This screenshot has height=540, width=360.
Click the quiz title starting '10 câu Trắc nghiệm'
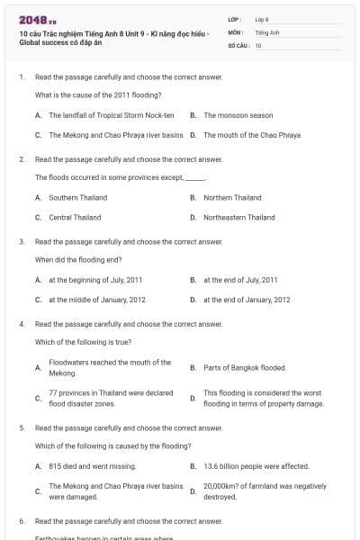[112, 38]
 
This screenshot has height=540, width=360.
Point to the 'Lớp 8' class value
[262, 19]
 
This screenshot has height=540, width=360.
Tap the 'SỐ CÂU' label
[238, 45]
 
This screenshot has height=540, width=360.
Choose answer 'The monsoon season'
[238, 115]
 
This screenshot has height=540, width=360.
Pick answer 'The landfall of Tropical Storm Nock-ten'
[111, 115]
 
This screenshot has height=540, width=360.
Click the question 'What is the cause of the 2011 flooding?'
[98, 94]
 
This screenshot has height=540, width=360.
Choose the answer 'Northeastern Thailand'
[238, 218]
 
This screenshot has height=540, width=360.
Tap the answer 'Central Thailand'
[75, 218]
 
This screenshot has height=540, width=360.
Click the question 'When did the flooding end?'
[79, 259]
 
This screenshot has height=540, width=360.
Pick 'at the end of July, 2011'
[240, 280]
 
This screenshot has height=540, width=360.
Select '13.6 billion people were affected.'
[256, 466]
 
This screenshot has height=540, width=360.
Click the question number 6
[22, 521]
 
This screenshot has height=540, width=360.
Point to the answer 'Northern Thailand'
[232, 197]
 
